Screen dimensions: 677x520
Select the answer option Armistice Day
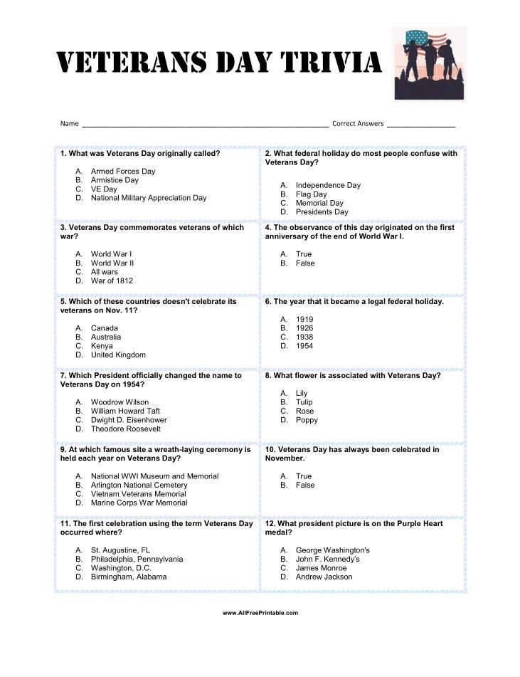point(115,180)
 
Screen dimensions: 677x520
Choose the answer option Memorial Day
point(319,203)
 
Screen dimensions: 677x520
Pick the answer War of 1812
point(112,280)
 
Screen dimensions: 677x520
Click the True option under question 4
point(304,254)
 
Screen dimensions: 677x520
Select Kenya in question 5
point(102,346)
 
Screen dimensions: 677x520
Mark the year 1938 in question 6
point(304,337)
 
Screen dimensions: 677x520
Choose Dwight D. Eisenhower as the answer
point(129,420)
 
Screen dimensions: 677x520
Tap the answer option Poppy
point(307,420)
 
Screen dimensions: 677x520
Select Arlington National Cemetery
point(139,485)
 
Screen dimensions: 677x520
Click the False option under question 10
point(305,485)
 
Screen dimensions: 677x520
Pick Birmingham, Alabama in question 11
point(129,577)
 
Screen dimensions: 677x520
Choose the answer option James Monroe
point(322,568)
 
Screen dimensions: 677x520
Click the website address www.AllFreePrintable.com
point(260,613)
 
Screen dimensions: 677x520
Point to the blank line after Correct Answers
point(421,125)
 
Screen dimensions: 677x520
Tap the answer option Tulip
point(304,402)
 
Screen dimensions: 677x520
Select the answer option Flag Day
point(312,194)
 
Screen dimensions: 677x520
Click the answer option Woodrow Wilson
point(120,402)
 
